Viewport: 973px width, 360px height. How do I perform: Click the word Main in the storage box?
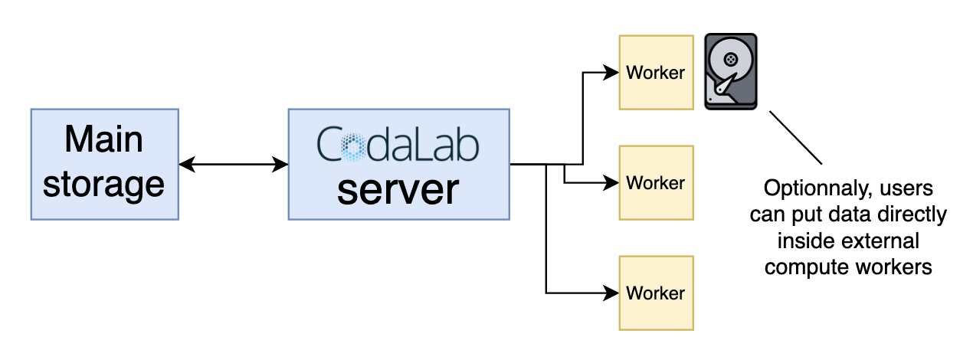(104, 139)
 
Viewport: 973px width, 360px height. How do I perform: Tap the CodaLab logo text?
(398, 145)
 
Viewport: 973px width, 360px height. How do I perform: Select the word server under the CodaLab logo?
(398, 190)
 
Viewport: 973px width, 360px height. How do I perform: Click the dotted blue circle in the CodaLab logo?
(353, 147)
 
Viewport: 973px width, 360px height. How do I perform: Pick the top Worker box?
(656, 73)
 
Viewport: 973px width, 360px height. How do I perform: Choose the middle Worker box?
(656, 183)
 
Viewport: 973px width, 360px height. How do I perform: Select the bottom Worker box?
(656, 293)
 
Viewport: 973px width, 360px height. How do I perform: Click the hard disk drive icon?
(731, 72)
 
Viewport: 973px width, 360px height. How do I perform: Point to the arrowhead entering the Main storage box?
(187, 165)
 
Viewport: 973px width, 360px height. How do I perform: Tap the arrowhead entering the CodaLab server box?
(280, 165)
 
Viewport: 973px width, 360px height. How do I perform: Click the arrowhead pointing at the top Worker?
(611, 73)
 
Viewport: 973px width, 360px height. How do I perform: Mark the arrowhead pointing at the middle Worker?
(611, 183)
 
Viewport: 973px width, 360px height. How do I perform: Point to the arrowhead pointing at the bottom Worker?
(611, 293)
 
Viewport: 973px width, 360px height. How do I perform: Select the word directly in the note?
(912, 215)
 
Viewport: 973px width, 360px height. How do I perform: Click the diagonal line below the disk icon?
(796, 138)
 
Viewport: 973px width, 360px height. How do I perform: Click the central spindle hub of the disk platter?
(731, 59)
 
